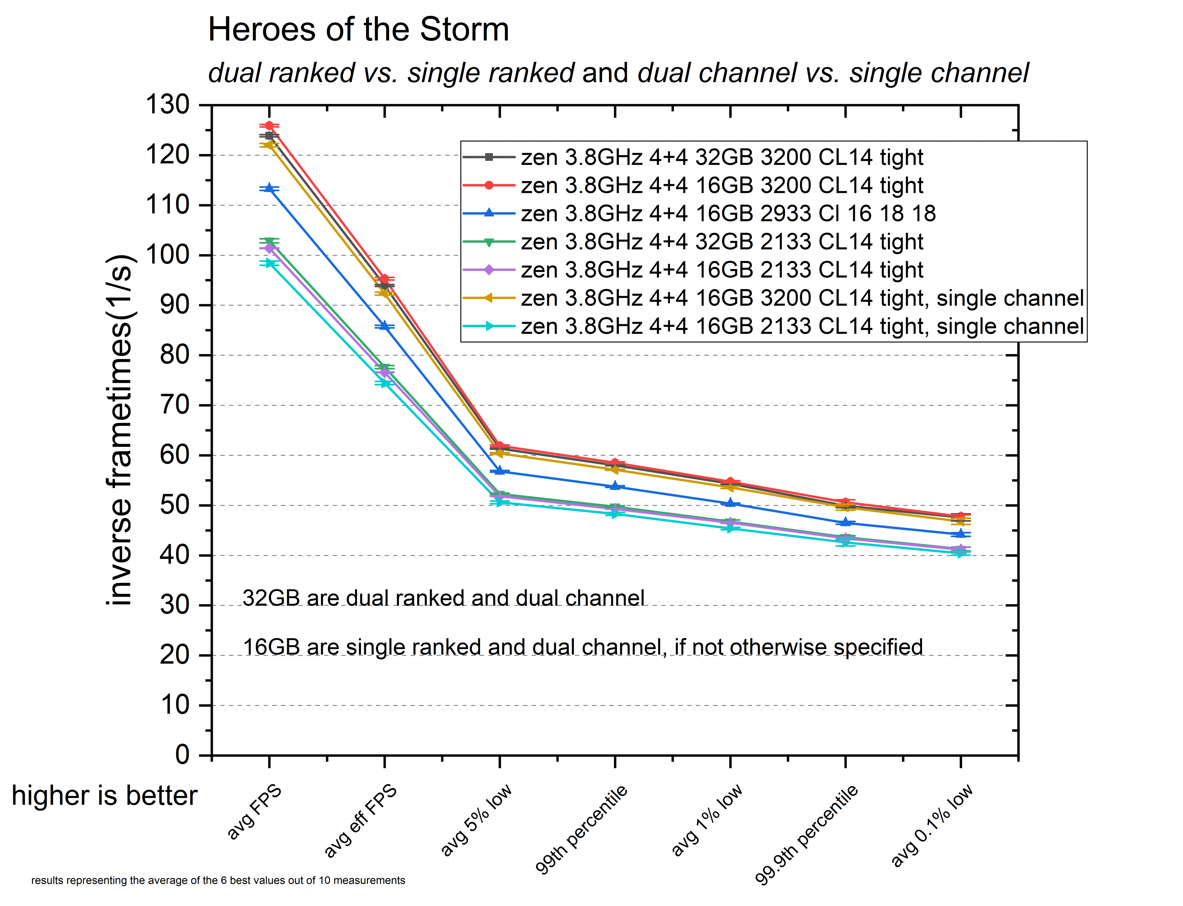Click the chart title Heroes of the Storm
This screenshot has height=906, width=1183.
click(358, 30)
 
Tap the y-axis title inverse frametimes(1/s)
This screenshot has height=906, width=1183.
click(120, 430)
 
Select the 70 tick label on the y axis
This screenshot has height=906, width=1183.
click(175, 405)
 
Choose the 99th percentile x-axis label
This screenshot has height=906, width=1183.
click(581, 830)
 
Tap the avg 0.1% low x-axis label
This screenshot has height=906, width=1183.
click(931, 825)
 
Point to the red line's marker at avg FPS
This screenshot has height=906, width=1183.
click(269, 126)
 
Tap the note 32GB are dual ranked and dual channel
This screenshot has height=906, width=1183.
click(443, 598)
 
